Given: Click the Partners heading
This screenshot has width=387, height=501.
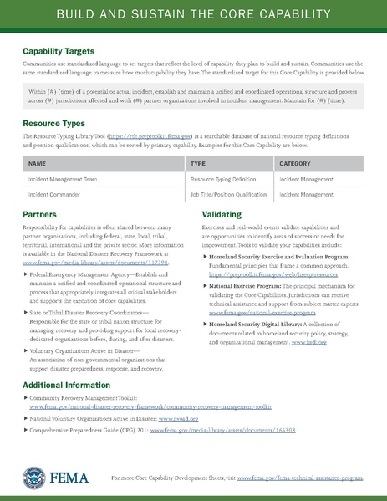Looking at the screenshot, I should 40,215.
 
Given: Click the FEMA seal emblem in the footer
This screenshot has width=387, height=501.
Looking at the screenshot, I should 36,477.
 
